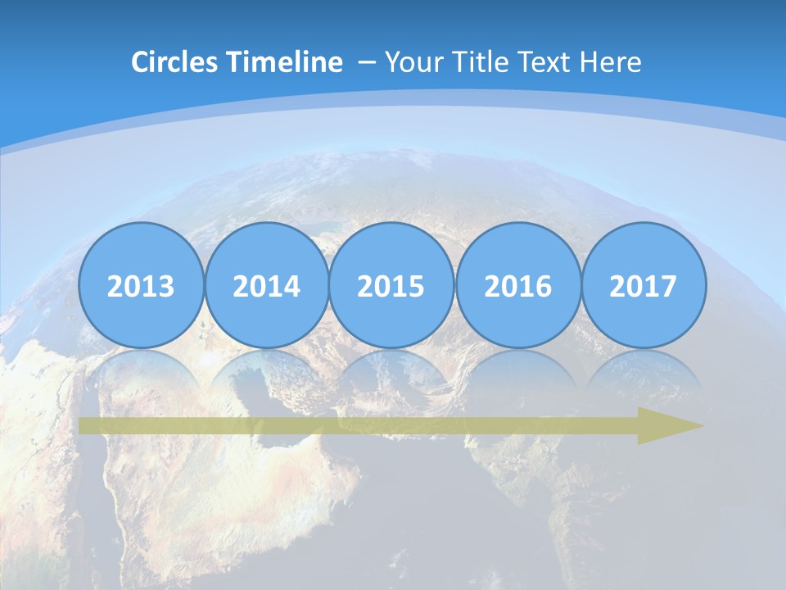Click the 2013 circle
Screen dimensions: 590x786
141,285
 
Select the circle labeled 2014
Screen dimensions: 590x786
266,285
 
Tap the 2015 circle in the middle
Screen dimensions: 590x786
391,285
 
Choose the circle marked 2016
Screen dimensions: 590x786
517,285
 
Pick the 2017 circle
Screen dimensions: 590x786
643,285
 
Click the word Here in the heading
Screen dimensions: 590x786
611,62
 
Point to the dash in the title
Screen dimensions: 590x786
366,62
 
